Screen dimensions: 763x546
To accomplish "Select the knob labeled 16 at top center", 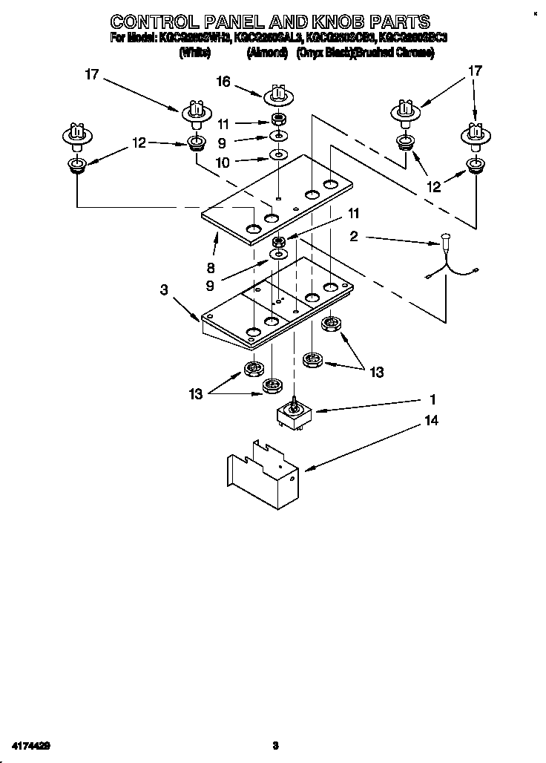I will coord(277,95).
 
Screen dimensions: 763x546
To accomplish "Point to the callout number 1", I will coord(432,399).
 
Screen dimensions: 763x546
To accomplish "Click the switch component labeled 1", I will coord(293,415).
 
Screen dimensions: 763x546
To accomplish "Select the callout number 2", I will coord(354,236).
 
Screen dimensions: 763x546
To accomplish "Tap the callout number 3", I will coord(164,290).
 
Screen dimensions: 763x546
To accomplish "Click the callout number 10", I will coord(223,160).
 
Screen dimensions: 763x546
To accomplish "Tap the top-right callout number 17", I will coord(475,71).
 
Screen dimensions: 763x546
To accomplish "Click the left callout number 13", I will coord(195,395).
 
